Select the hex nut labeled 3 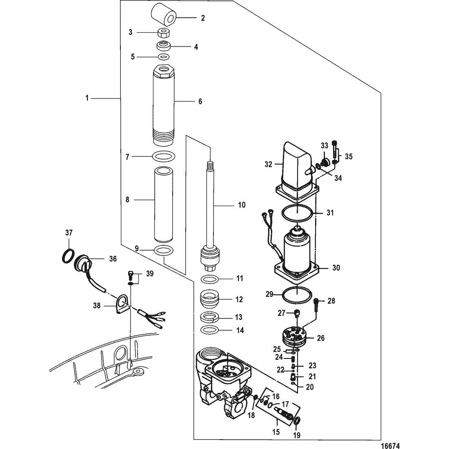163,32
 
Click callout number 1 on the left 87,98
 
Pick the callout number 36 112,258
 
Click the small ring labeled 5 163,56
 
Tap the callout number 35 349,156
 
